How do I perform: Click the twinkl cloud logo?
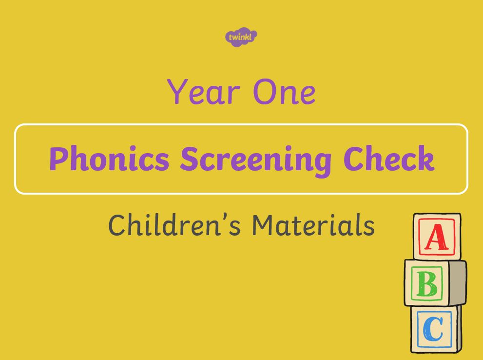241,37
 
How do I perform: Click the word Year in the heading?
203,92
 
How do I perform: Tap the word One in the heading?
284,92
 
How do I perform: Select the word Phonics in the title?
109,159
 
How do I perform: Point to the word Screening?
256,160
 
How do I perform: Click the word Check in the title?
389,158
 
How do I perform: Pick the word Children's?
174,225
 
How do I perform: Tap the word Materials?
313,225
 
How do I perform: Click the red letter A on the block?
437,237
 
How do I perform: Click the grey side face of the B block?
457,283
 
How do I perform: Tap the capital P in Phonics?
59,159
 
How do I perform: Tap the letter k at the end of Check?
425,158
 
